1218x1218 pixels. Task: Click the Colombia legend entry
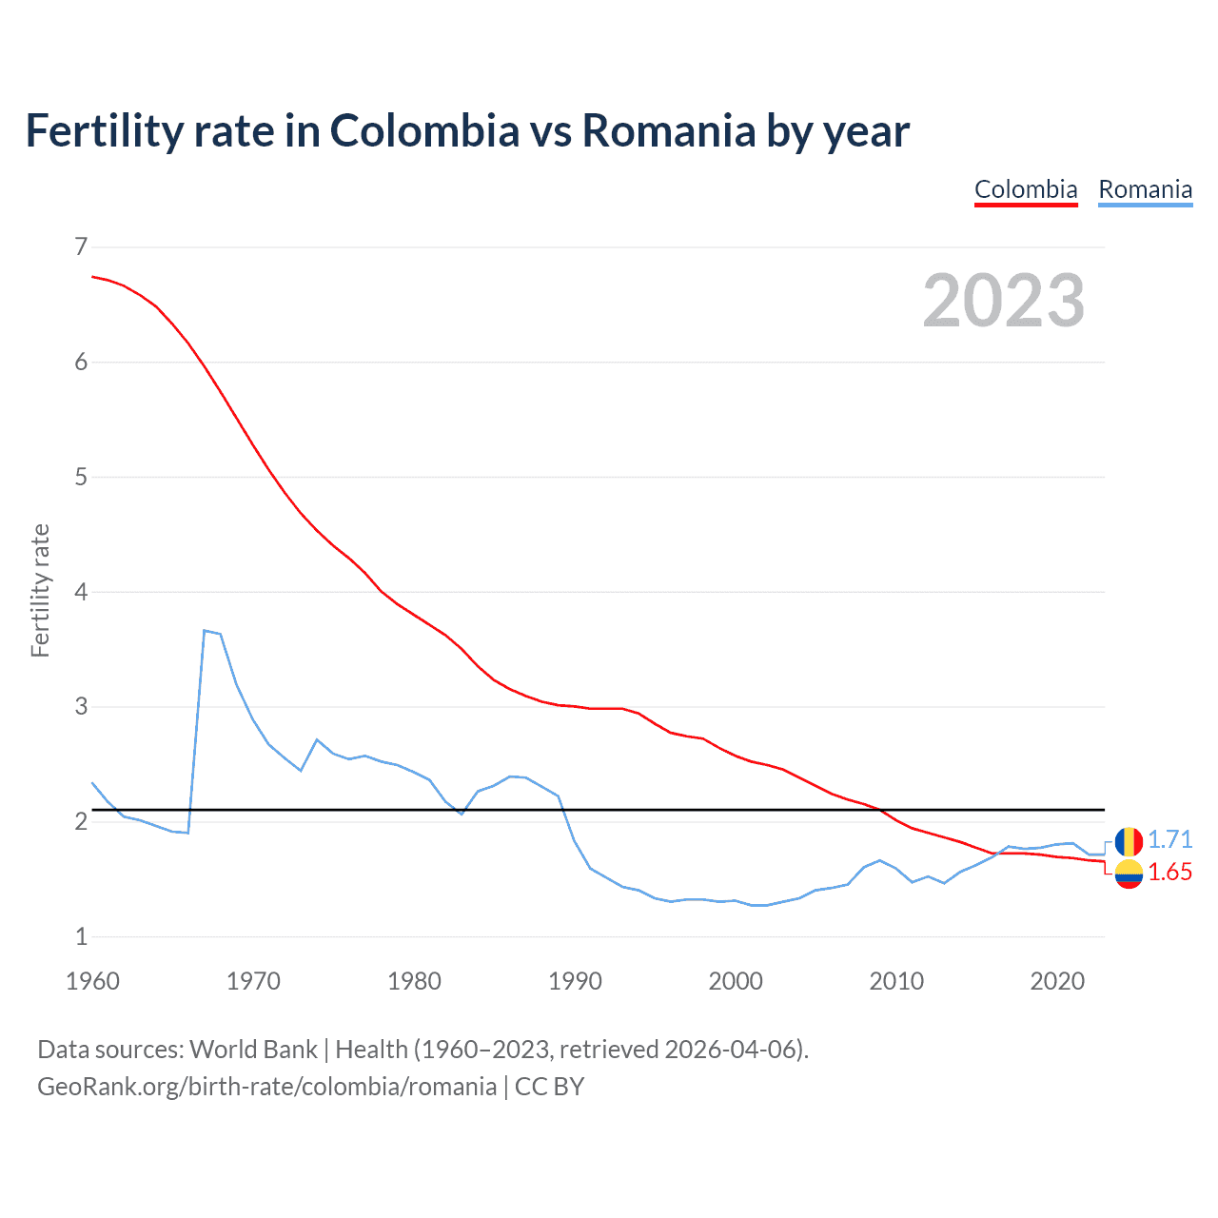click(x=1026, y=189)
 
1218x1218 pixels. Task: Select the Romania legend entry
click(x=1145, y=189)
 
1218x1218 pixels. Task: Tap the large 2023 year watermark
click(x=1003, y=301)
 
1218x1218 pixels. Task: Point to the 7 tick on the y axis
click(x=81, y=247)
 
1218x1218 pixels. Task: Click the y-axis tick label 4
click(x=81, y=592)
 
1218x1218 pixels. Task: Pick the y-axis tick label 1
click(x=81, y=936)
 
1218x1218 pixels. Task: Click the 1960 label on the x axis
click(x=92, y=981)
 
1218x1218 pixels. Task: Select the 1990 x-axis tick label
click(x=575, y=981)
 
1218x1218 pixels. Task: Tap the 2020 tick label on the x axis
click(x=1057, y=981)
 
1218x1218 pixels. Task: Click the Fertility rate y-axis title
click(x=40, y=590)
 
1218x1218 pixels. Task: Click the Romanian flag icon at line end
click(x=1129, y=841)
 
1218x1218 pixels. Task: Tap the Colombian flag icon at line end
click(x=1129, y=874)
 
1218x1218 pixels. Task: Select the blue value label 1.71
click(x=1169, y=839)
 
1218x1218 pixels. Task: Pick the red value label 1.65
click(x=1169, y=873)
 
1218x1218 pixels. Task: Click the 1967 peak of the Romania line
click(x=205, y=630)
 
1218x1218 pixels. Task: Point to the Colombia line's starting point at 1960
click(x=92, y=276)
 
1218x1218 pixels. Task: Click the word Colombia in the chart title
click(x=424, y=130)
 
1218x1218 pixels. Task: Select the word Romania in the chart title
click(x=668, y=130)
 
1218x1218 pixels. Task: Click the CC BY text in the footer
click(x=549, y=1087)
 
